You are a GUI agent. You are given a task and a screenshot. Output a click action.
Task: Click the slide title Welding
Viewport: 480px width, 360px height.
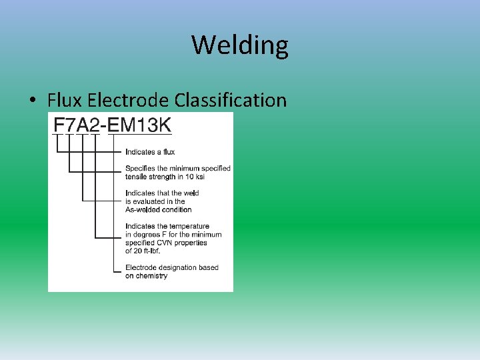coord(240,45)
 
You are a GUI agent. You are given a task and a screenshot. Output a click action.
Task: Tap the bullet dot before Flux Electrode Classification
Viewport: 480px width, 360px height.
coord(32,101)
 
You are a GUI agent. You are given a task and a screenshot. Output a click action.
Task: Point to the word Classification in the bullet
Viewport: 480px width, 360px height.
coord(231,100)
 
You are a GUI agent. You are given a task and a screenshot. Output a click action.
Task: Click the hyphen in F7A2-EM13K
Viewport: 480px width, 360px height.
coord(101,125)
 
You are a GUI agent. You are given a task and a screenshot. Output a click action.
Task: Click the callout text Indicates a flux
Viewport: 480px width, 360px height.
coord(150,152)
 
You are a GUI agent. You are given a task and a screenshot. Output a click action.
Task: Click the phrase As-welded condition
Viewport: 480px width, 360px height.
coord(159,209)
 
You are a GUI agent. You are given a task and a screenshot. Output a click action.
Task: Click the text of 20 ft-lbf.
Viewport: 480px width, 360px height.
coord(143,251)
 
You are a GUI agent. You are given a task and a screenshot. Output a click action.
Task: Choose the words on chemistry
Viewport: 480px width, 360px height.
coord(147,276)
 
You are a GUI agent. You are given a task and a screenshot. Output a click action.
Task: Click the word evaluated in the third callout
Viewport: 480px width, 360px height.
coord(151,201)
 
